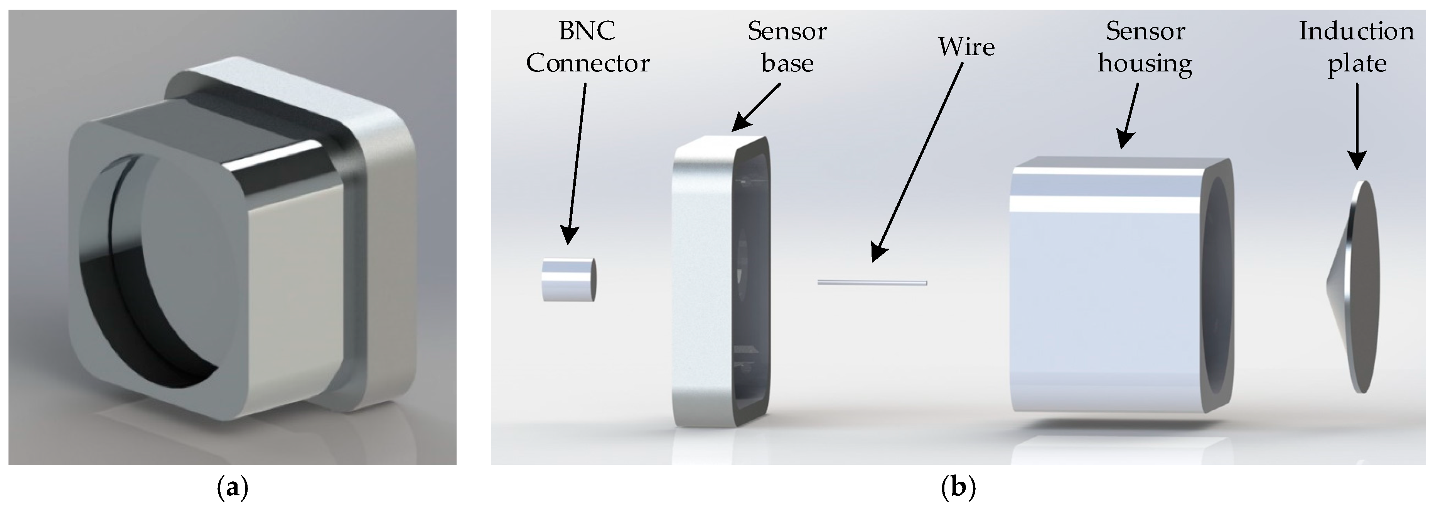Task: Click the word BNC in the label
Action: tap(587, 31)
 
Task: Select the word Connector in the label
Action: tap(587, 63)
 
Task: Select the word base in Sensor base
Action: tap(787, 63)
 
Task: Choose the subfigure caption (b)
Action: tap(958, 488)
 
